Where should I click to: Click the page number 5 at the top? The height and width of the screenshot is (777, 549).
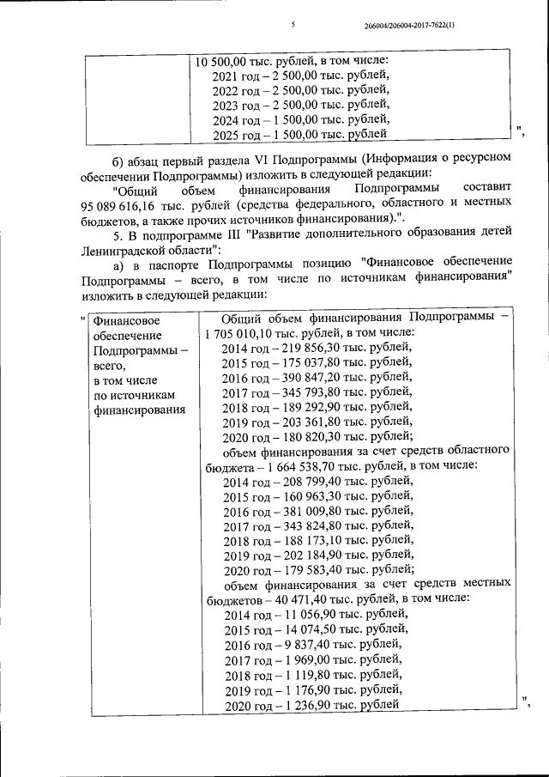(293, 25)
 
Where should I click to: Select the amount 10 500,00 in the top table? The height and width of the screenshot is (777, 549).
(221, 61)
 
